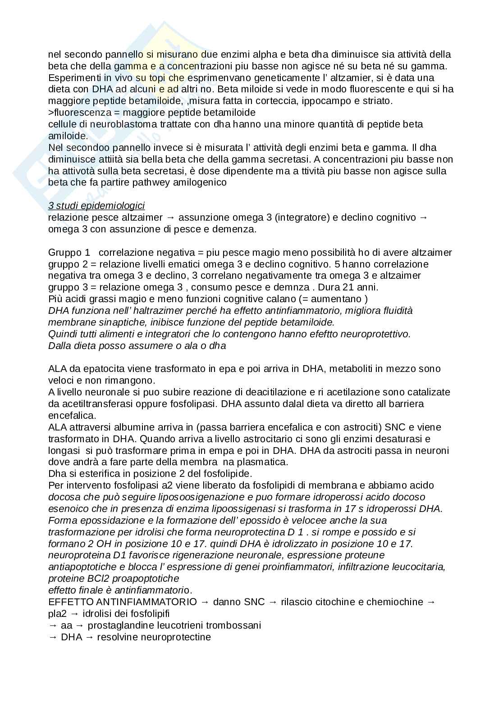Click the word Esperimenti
click(71, 77)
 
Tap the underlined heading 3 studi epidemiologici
click(96, 206)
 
